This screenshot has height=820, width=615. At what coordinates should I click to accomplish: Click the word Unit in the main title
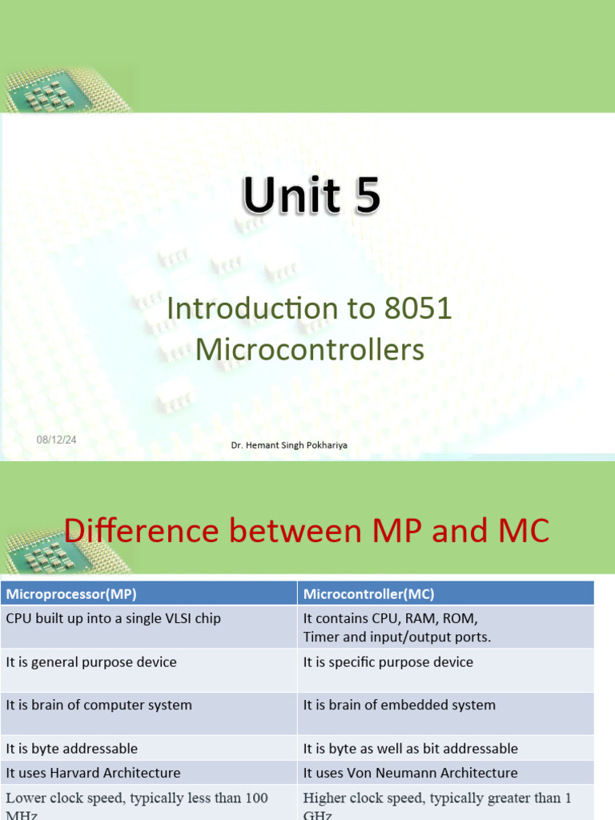tap(289, 197)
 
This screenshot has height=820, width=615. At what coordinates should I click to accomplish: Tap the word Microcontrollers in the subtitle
tap(310, 350)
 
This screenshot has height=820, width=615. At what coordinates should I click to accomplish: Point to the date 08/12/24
tap(54, 440)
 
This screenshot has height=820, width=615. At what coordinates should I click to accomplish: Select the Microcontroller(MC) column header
tap(369, 594)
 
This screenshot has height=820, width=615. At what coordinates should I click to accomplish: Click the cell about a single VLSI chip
tap(114, 619)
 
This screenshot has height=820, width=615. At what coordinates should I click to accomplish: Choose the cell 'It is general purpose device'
tap(91, 662)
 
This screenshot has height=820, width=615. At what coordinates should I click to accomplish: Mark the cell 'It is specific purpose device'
tap(388, 662)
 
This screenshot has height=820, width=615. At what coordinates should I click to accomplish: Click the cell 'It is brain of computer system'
tap(99, 705)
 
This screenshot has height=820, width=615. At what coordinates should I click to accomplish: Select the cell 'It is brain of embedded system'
tap(400, 705)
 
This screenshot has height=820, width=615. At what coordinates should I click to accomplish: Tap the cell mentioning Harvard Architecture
tap(93, 773)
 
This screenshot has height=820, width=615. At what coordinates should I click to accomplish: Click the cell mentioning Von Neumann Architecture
tap(410, 773)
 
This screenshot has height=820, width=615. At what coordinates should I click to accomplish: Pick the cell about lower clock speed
tap(137, 798)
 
